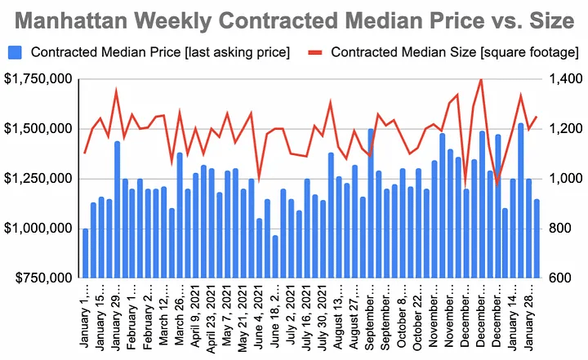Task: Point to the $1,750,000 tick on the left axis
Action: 38,79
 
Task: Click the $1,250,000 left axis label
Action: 38,179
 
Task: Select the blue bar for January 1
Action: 86,253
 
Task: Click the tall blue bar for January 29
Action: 118,210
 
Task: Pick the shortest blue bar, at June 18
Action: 275,257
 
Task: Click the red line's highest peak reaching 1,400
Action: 480,79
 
